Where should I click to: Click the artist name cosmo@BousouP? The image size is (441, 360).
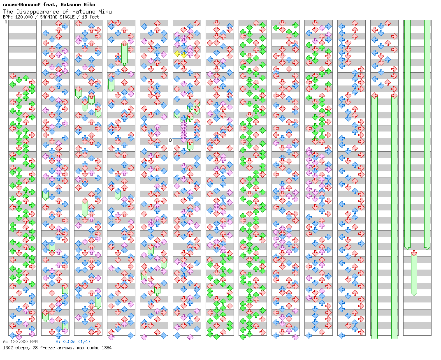(x=22, y=5)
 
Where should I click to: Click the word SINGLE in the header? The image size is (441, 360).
(x=67, y=17)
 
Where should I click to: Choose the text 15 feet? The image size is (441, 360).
(x=90, y=17)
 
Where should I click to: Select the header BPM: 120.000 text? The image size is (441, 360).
(x=18, y=17)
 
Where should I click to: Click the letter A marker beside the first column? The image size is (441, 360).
(x=6, y=22)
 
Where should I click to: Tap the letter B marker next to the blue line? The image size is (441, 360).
(x=170, y=140)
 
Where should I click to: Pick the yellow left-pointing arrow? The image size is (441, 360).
(x=177, y=54)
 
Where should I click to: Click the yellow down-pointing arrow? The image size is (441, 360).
(x=183, y=55)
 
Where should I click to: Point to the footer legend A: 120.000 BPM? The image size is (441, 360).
(x=20, y=342)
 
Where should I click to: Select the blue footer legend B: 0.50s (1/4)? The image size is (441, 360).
(x=73, y=342)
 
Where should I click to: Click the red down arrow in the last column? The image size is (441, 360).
(x=414, y=253)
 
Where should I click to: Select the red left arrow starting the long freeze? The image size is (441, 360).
(x=374, y=96)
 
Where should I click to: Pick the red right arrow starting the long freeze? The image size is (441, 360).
(x=395, y=96)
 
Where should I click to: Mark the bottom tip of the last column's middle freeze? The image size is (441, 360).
(x=414, y=295)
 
